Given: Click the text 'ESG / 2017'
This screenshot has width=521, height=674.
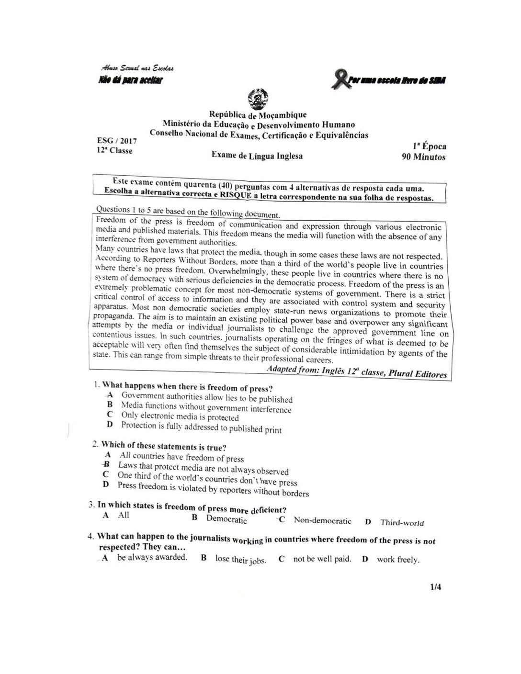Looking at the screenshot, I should (x=117, y=141).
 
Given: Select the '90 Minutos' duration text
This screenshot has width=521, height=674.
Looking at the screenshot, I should (x=423, y=157).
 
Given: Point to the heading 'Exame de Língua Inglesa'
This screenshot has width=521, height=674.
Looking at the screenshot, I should (x=257, y=156).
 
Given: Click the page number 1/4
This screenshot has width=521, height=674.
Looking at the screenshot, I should (x=435, y=587).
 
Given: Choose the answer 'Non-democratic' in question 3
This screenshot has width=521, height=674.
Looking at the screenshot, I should (x=322, y=521).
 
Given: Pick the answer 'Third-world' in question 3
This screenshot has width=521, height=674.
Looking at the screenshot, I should (x=402, y=523).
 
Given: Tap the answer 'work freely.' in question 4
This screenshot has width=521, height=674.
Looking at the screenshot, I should (x=398, y=560).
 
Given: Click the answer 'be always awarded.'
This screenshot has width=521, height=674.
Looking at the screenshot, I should (x=152, y=557).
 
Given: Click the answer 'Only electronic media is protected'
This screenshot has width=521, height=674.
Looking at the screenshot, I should (x=180, y=416).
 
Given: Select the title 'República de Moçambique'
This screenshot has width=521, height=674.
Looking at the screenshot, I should (x=258, y=115).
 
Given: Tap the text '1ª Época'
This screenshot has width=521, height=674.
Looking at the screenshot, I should (x=429, y=146).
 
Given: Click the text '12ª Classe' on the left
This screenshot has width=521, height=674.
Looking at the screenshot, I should (x=114, y=151).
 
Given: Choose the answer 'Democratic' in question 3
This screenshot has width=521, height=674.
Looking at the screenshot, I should (x=227, y=519).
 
